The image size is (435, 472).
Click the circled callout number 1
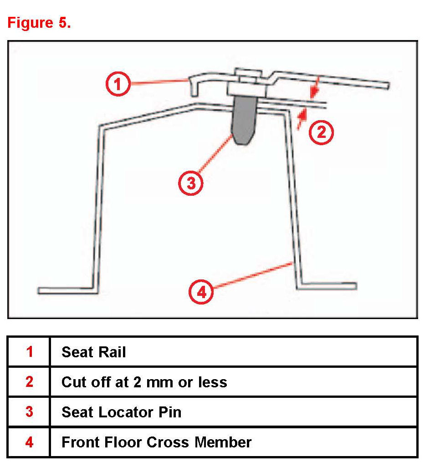[118, 84]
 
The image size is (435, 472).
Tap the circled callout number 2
[321, 132]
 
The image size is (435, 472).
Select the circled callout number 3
[191, 183]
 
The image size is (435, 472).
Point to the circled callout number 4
[201, 292]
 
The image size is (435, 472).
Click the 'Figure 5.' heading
[39, 23]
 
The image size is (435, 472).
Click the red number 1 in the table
[30, 351]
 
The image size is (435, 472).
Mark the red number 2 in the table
[30, 382]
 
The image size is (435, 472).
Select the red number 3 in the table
[30, 412]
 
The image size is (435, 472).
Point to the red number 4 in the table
[30, 442]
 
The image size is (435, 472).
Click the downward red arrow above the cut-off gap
[314, 87]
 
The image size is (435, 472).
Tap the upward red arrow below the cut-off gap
[302, 119]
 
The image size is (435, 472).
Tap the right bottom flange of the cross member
[327, 286]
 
